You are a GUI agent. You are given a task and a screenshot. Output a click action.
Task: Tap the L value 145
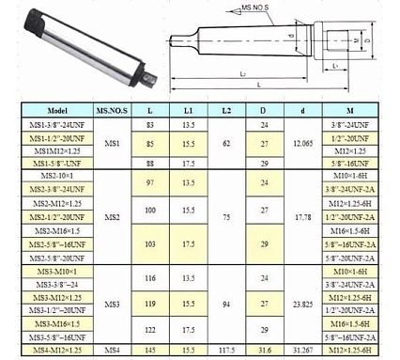[x=151, y=351]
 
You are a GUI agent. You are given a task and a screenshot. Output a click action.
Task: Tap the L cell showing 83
[x=151, y=124]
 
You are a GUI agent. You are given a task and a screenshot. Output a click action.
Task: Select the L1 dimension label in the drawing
[x=335, y=63]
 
